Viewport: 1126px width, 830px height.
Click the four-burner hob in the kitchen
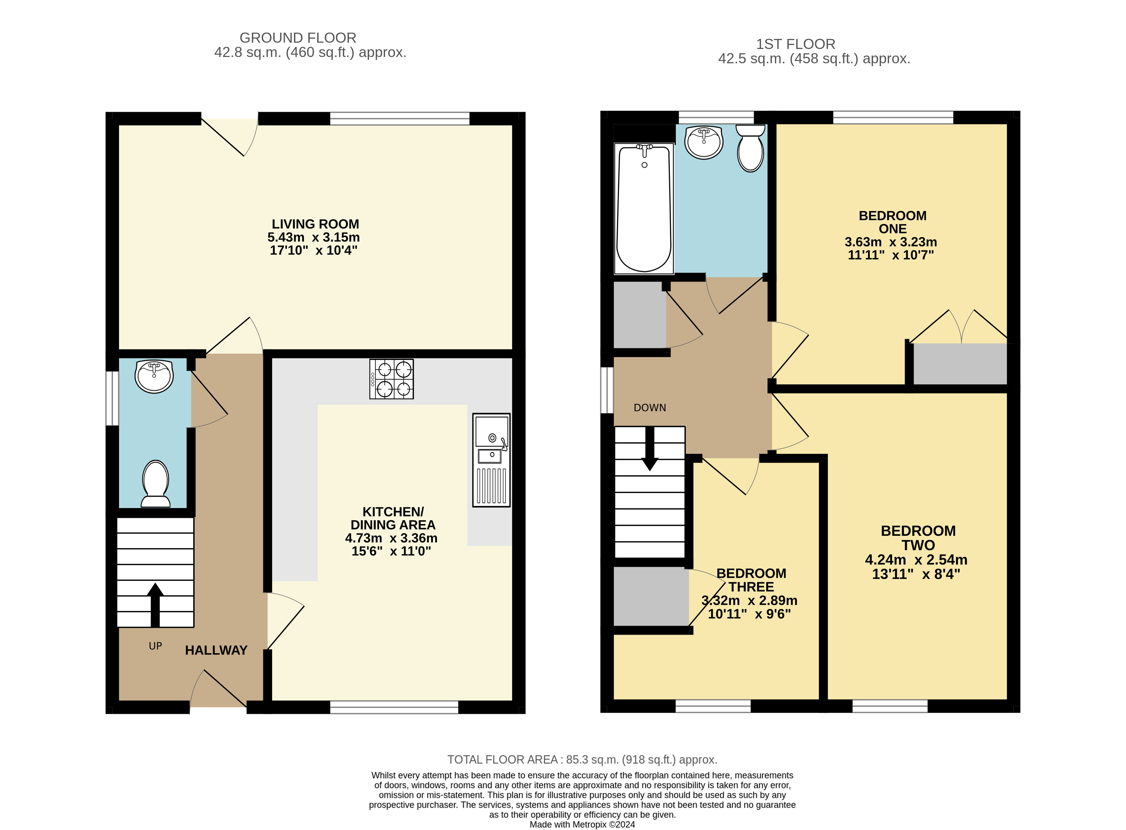(x=391, y=379)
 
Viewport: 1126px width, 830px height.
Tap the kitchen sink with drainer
(x=491, y=460)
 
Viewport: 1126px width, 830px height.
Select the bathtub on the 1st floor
(x=644, y=209)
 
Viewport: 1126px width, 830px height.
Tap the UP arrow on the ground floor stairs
(x=155, y=605)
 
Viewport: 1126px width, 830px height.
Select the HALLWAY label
(x=216, y=650)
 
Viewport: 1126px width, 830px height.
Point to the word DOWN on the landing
(x=650, y=408)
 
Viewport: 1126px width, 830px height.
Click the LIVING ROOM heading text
(x=315, y=224)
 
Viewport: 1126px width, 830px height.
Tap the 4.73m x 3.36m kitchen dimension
(x=391, y=538)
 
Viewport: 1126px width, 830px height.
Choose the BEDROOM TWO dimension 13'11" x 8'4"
(x=916, y=574)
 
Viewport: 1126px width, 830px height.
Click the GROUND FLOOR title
(x=298, y=38)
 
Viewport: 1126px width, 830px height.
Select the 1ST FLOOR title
(x=796, y=44)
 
